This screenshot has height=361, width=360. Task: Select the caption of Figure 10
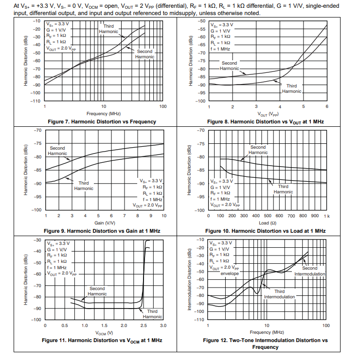(265, 231)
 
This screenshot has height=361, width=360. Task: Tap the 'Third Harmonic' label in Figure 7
(108, 29)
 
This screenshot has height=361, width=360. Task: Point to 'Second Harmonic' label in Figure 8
(229, 66)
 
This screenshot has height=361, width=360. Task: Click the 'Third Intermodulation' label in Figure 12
(279, 294)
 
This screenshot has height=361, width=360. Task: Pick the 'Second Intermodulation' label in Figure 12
(309, 271)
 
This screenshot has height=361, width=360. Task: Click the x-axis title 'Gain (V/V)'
(104, 223)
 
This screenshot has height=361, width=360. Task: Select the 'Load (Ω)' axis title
(267, 223)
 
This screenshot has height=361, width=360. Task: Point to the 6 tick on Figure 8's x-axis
(327, 106)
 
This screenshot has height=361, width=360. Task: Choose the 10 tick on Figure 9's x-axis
(163, 215)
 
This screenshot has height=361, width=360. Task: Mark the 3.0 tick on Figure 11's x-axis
(162, 325)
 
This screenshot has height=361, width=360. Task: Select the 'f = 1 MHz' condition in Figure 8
(220, 49)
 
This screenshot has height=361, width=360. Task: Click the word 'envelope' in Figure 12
(230, 274)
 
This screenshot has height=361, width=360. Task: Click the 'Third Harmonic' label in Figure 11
(152, 314)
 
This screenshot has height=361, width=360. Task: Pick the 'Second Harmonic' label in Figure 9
(57, 151)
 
